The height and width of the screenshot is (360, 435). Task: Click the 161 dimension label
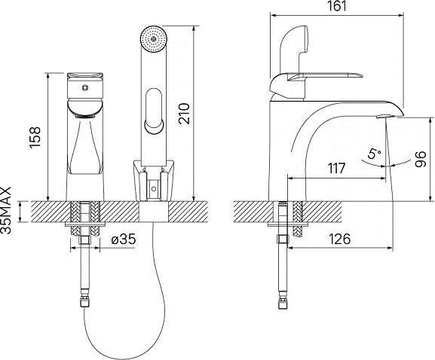tap(337, 7)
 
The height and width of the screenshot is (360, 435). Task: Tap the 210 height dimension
tap(184, 114)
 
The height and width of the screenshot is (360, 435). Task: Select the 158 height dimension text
tap(35, 138)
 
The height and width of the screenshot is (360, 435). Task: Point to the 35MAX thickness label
tap(6, 210)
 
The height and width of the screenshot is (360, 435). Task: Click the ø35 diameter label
tap(124, 239)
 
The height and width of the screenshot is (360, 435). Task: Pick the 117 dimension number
tap(336, 168)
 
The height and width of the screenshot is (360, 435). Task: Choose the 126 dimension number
tap(340, 239)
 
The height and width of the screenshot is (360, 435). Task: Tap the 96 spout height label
tap(420, 159)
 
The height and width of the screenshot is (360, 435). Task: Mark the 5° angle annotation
tap(374, 153)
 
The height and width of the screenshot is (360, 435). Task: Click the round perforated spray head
tap(154, 38)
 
